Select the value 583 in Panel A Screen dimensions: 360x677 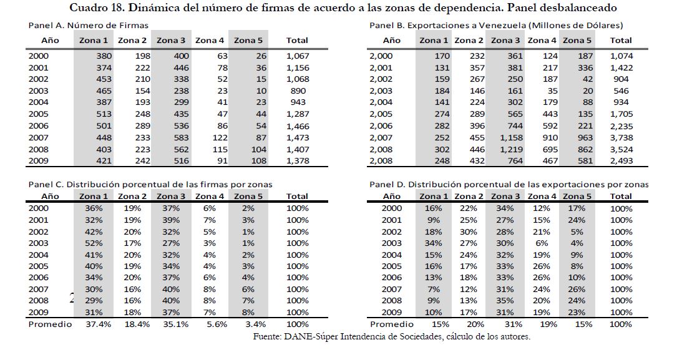tap(177, 137)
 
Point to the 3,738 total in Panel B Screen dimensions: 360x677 tap(620, 137)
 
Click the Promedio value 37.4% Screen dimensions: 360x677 tap(95, 324)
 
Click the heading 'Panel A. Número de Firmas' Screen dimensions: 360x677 tap(89, 26)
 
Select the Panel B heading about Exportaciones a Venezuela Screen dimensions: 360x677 tap(496, 26)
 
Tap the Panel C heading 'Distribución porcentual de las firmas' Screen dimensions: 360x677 tap(150, 185)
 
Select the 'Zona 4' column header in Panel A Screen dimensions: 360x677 tap(210, 41)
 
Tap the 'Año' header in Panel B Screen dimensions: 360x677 tap(391, 41)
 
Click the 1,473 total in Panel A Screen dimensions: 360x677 tap(297, 137)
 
